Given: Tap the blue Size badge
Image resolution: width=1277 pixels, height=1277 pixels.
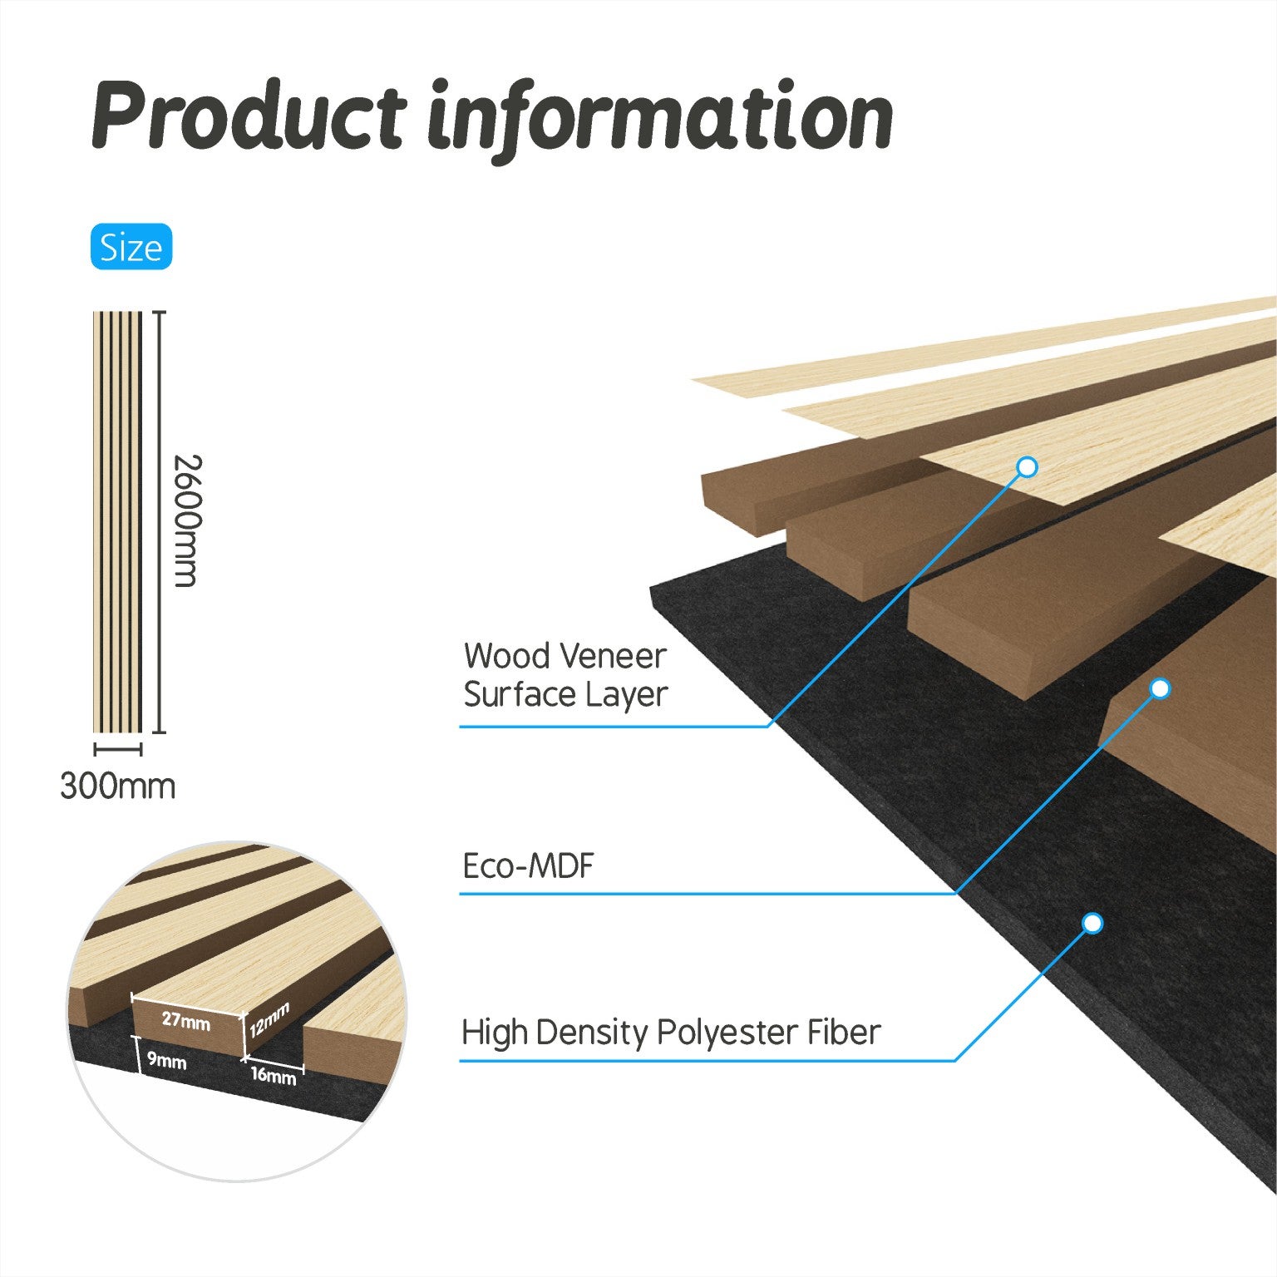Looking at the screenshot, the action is tap(131, 247).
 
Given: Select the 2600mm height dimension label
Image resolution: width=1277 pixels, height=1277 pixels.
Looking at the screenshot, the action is tap(186, 521).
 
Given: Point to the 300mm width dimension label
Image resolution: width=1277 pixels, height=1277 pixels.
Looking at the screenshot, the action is tap(118, 786).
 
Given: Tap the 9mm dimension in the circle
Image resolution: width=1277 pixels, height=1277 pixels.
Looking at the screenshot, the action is tap(167, 1062).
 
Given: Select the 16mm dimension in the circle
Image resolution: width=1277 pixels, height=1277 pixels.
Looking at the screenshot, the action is tap(274, 1075).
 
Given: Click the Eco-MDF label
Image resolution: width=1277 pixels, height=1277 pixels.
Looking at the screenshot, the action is tap(529, 866).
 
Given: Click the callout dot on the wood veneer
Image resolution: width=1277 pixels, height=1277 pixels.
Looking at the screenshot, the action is tap(1028, 467).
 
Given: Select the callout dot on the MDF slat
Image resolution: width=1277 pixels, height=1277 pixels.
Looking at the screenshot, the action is tap(1160, 688).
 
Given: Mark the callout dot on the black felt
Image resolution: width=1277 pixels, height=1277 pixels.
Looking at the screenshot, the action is tap(1092, 924).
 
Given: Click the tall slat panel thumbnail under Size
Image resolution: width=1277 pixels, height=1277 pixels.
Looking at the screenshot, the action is tap(117, 522).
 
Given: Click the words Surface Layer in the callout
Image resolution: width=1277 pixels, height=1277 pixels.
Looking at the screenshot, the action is tap(565, 695).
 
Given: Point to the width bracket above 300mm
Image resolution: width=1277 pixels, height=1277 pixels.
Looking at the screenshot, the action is tap(117, 749).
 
